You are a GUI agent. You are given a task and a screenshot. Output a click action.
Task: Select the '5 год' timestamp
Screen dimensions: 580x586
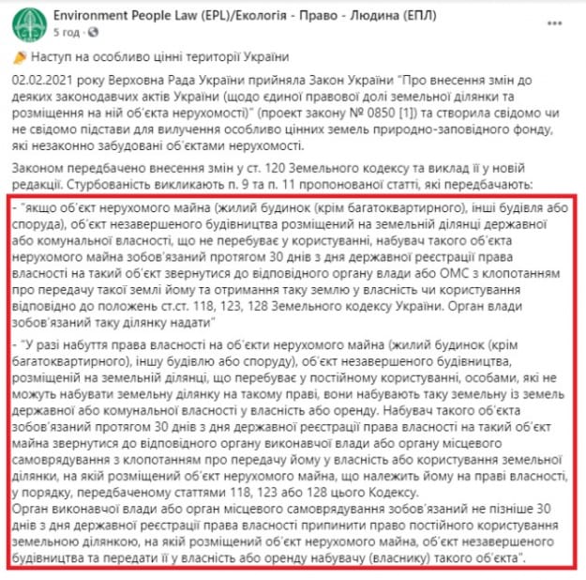pyautogui.click(x=66, y=31)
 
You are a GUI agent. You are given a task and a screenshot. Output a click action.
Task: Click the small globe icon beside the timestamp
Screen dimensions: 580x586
pyautogui.click(x=87, y=31)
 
